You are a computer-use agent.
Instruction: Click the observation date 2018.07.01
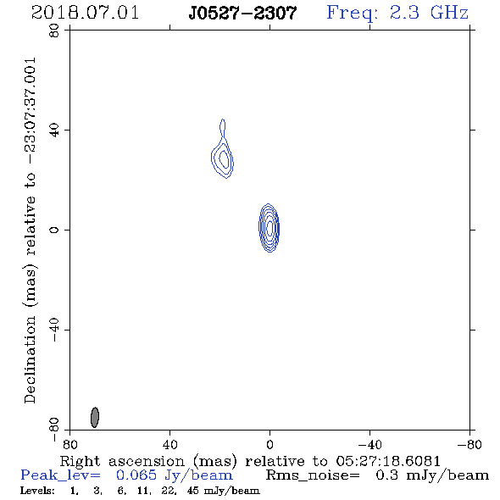(85, 13)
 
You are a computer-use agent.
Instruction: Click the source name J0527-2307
(242, 14)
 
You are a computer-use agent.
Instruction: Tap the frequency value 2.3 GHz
(429, 13)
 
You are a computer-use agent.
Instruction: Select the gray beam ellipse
(95, 417)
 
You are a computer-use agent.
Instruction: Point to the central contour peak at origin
(269, 228)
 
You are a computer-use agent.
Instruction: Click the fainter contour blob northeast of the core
(223, 153)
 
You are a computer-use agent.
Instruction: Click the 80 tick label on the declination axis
(54, 31)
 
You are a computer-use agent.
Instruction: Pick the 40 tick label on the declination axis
(54, 131)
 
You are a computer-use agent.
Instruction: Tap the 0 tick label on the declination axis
(54, 230)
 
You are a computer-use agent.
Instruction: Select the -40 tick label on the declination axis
(54, 330)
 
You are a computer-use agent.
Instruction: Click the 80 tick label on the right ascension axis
(69, 445)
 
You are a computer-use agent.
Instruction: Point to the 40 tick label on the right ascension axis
(169, 445)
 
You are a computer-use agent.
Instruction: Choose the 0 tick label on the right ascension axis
(269, 445)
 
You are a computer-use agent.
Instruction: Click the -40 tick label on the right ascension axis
(369, 445)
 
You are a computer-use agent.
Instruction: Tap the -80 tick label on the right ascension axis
(469, 445)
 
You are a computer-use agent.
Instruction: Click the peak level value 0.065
(136, 475)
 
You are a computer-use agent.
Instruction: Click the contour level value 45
(193, 491)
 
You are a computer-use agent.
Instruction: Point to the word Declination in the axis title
(30, 359)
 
